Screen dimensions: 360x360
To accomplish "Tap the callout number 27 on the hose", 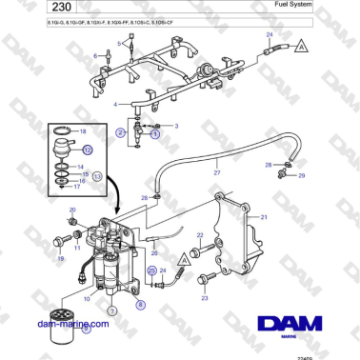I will (217, 173).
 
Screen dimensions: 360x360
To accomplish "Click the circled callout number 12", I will (88, 150).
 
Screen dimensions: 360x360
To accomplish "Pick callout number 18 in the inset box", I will (83, 130).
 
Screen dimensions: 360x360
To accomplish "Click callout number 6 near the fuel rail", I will (94, 57).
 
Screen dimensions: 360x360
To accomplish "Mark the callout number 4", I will (115, 104).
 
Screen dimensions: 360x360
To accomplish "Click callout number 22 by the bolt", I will (200, 234).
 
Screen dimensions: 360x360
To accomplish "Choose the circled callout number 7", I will (111, 310).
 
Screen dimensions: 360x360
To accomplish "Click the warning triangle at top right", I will (300, 46).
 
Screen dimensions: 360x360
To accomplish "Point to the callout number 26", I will (154, 253).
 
